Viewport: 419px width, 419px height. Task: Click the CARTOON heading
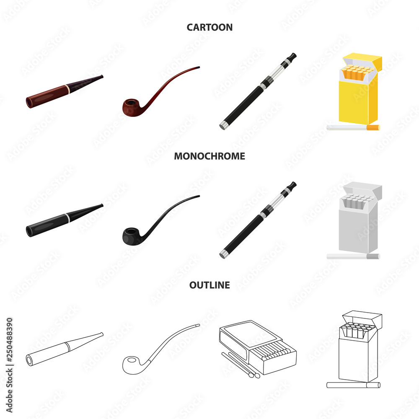point(209,27)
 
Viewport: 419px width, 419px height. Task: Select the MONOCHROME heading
point(209,156)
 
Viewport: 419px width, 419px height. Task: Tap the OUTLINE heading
point(209,285)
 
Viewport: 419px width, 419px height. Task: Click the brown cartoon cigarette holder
point(65,92)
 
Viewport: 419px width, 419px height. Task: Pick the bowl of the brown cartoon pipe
point(131,107)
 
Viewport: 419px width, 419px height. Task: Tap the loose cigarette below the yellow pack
point(353,127)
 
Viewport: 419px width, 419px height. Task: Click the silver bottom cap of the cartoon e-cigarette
point(223,125)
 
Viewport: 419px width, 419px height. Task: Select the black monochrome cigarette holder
point(65,220)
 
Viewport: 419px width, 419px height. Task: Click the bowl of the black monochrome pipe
point(131,236)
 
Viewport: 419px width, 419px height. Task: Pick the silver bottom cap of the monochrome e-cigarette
point(223,254)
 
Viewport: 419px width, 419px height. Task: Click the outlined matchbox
point(258,347)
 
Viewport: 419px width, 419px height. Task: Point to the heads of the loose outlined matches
point(254,375)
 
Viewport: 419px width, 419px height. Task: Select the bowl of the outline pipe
point(131,365)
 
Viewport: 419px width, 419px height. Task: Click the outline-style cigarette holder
point(65,349)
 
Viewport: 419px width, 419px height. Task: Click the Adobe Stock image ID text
point(9,365)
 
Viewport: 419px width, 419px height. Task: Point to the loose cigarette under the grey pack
point(353,256)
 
